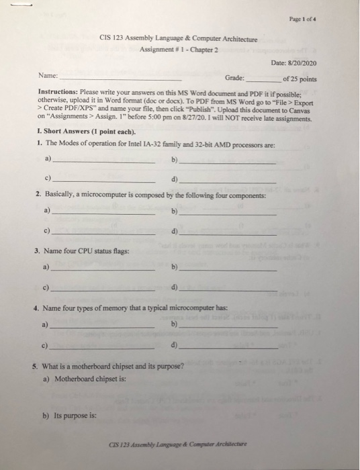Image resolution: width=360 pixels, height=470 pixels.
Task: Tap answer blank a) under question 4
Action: tap(103, 327)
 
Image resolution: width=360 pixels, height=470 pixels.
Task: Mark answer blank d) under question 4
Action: tap(228, 348)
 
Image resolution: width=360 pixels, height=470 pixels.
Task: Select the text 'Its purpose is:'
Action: tap(74, 416)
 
